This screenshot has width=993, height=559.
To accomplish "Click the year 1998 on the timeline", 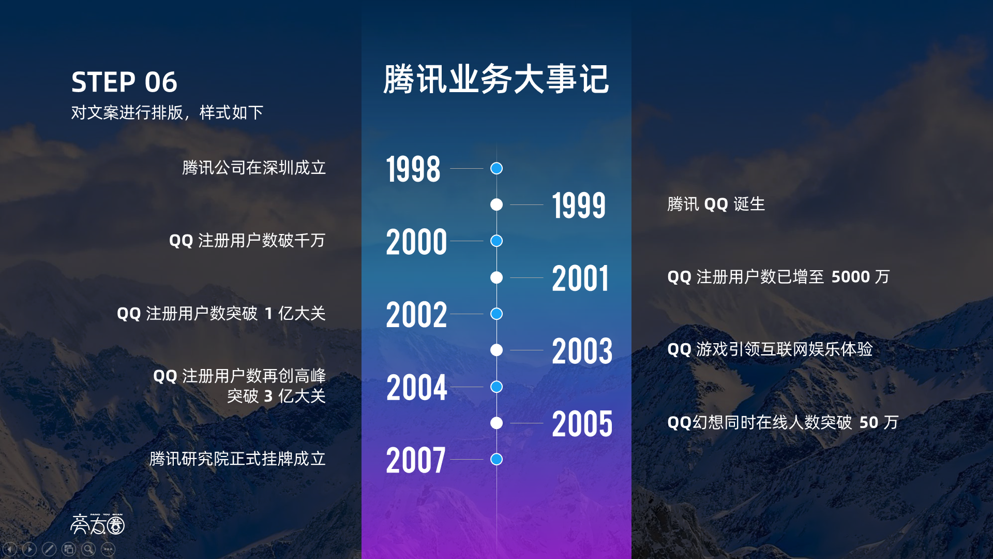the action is click(413, 169).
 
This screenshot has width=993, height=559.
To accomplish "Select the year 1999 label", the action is click(579, 205).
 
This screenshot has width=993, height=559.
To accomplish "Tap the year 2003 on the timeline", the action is click(582, 351).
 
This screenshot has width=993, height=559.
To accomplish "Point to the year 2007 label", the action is click(415, 460).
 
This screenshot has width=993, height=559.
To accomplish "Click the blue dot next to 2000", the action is click(496, 241).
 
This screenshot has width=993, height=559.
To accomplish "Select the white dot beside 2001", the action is click(496, 277).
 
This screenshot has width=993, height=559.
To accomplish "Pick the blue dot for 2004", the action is click(496, 387).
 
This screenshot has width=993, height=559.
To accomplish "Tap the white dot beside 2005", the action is click(496, 423).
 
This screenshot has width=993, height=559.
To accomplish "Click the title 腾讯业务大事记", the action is click(496, 79).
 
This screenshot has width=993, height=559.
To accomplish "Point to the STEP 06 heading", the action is click(124, 82).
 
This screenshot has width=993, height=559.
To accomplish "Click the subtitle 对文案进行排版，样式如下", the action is click(167, 112).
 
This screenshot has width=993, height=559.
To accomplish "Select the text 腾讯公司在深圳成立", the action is click(254, 168).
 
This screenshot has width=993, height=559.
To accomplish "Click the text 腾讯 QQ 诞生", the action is click(716, 204).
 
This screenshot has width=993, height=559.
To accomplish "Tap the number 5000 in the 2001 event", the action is click(851, 277).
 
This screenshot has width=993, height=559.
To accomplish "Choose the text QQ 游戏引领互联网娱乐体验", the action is click(770, 349).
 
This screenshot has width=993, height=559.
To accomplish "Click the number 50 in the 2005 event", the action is click(869, 422).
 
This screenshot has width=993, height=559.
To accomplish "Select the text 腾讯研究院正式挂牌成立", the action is click(237, 459).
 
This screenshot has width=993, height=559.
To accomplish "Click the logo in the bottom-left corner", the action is click(98, 524).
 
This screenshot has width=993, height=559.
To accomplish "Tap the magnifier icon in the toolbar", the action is click(88, 549).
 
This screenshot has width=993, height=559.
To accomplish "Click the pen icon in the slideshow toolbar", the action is click(49, 549).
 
